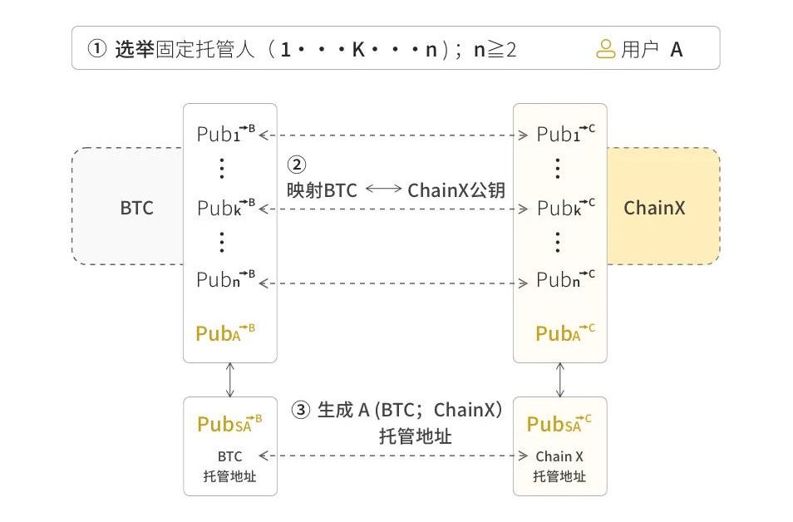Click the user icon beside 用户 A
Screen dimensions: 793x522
[605, 49]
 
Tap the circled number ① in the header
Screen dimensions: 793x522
[97, 49]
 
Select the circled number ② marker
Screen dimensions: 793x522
[297, 165]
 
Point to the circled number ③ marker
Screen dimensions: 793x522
[301, 410]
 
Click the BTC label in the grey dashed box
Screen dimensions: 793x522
[136, 208]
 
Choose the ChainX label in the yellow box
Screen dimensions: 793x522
[654, 208]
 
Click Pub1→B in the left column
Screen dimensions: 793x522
[226, 134]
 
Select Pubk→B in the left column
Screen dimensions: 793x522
[226, 207]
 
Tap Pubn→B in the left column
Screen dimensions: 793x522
[226, 278]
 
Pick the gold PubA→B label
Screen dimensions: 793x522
[225, 332]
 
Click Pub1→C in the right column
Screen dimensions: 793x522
[566, 134]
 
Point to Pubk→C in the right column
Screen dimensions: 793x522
[566, 207]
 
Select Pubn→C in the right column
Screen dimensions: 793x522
[566, 278]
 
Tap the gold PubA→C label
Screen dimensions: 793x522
[565, 332]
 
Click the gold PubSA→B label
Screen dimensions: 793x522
[229, 423]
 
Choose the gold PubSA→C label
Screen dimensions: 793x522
[559, 423]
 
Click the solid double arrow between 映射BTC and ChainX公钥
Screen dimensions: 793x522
[383, 189]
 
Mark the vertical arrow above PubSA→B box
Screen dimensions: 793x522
[230, 380]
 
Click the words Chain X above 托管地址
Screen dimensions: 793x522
[559, 456]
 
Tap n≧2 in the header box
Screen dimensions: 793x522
[495, 50]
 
